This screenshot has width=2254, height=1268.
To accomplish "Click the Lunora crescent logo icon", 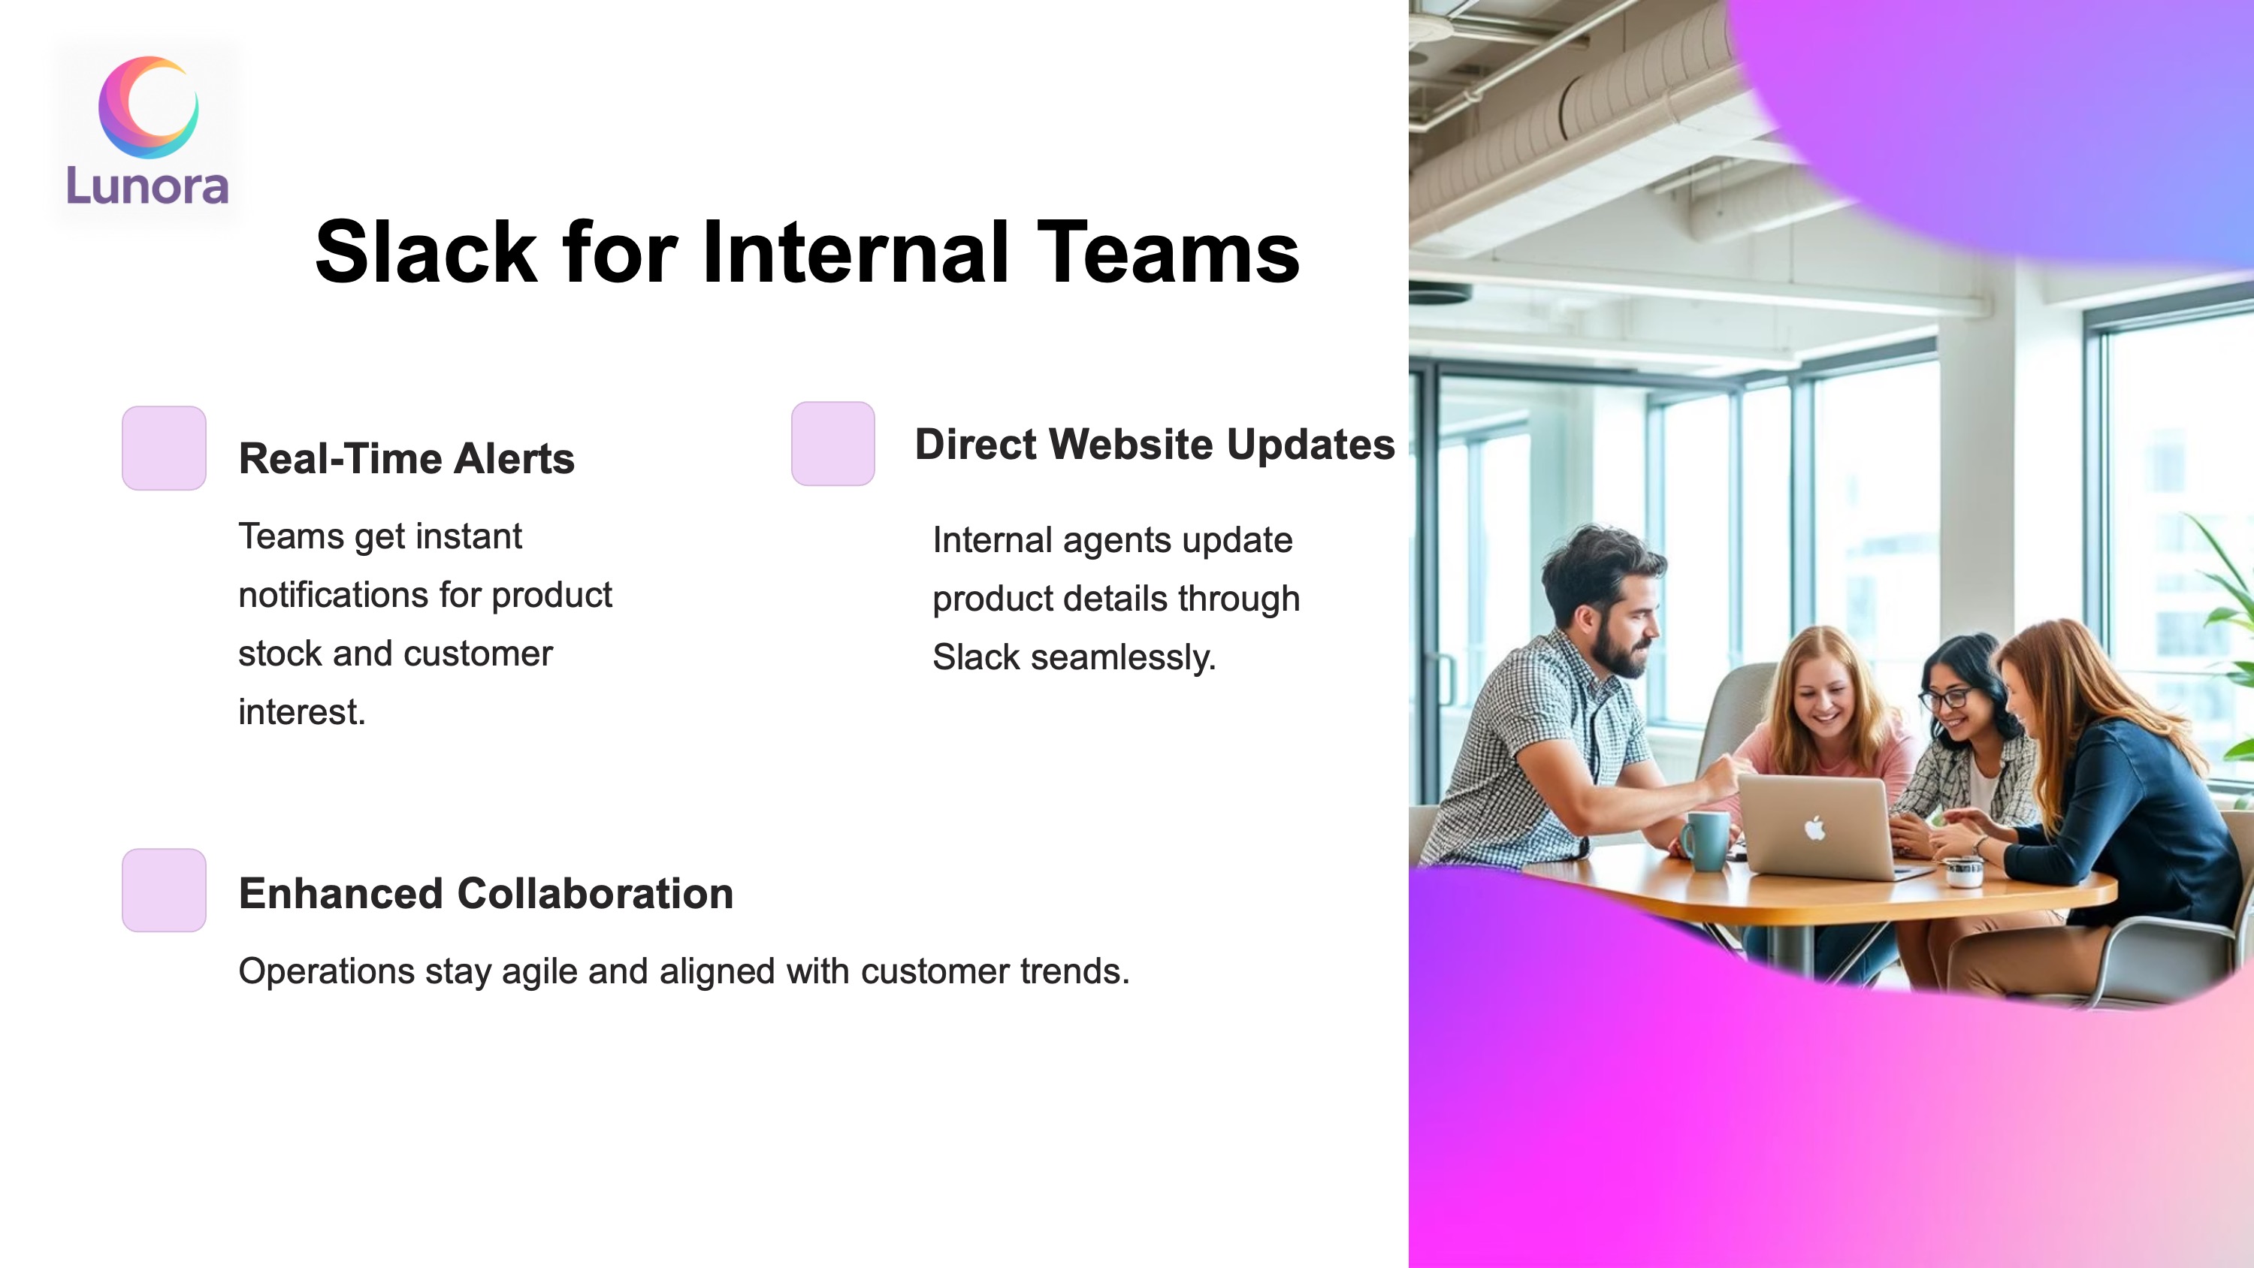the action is [x=148, y=107].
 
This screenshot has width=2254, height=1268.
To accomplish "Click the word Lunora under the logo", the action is [x=148, y=186].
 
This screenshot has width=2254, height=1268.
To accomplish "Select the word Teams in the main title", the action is [x=1168, y=252].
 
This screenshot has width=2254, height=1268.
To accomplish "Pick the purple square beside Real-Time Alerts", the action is [x=165, y=448].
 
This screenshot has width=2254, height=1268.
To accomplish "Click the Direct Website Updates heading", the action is [x=1155, y=444].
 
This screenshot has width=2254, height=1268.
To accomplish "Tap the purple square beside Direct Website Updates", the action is [x=833, y=444].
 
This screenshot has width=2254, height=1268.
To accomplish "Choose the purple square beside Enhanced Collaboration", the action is [x=165, y=890].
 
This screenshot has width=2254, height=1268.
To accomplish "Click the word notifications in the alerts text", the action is [x=334, y=595].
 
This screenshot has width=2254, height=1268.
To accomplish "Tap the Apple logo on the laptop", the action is [x=1814, y=827].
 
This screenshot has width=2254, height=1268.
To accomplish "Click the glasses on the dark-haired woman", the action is [x=1944, y=699].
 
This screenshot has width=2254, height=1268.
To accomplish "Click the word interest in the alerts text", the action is [x=302, y=712].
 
